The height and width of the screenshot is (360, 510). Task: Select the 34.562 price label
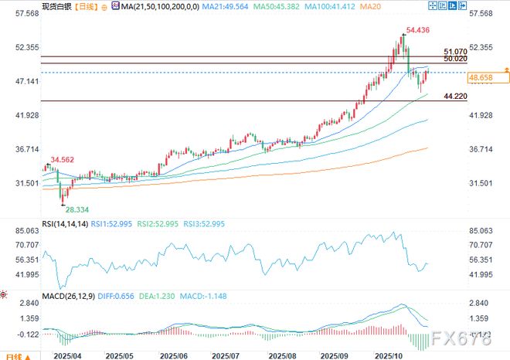63,160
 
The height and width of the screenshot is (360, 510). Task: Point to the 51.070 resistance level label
456,50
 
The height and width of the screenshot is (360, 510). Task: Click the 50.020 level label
456,59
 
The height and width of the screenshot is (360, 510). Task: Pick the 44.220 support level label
456,96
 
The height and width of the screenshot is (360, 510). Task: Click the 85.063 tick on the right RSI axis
484,230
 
